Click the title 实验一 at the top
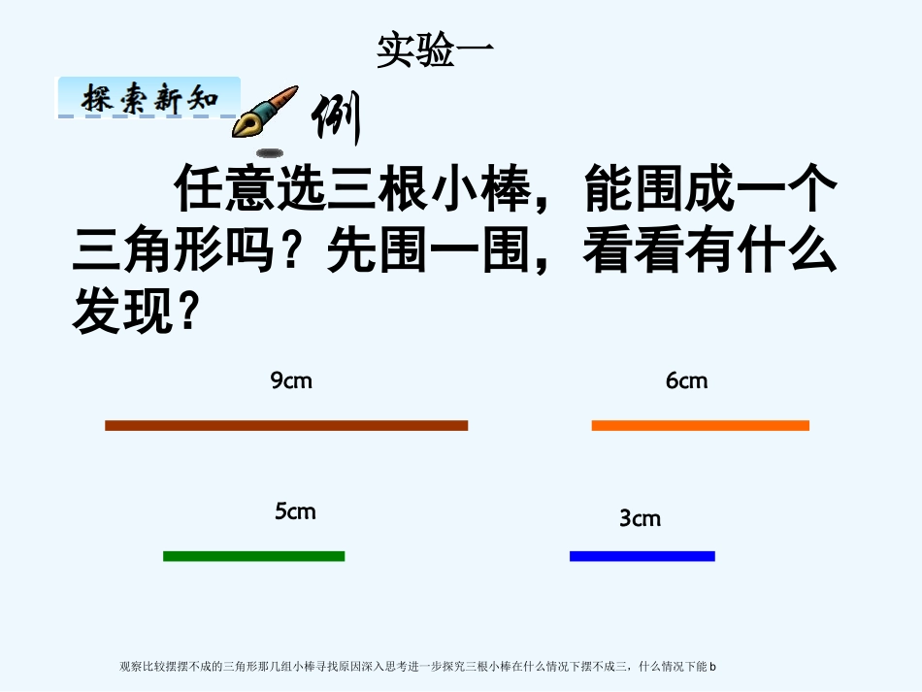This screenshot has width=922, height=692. [x=435, y=51]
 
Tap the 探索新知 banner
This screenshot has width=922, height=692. [x=148, y=98]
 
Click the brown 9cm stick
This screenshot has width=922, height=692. [x=286, y=425]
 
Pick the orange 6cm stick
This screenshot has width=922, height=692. [x=700, y=425]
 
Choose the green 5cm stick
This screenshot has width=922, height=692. [x=253, y=556]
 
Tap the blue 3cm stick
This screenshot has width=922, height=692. [x=642, y=556]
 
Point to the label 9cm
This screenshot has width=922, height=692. [x=291, y=380]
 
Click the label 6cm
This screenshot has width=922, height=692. [x=686, y=380]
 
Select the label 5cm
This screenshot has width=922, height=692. [x=295, y=511]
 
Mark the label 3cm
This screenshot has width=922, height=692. [x=640, y=518]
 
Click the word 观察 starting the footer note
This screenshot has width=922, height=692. [x=129, y=667]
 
